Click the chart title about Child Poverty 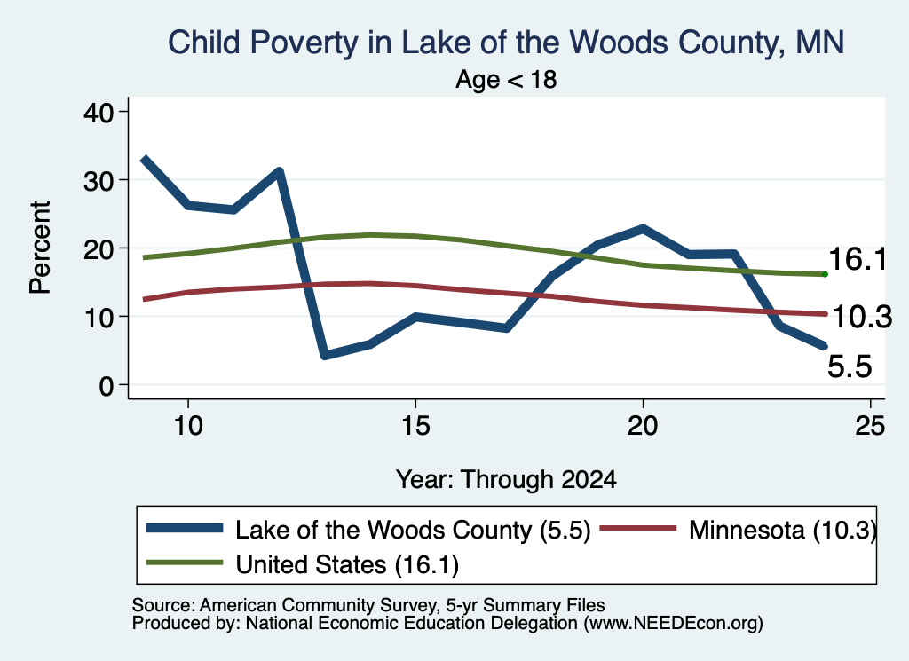tap(505, 43)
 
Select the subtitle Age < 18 tap(505, 79)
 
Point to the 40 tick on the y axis tap(98, 112)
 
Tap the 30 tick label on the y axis tap(98, 180)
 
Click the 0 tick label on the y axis tap(107, 385)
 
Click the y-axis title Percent tap(41, 248)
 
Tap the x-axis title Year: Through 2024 tap(506, 480)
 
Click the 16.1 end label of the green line tap(858, 258)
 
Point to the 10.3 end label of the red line tap(862, 317)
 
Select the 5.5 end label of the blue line tap(850, 366)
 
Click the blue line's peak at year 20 tap(643, 229)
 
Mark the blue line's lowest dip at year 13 tap(325, 355)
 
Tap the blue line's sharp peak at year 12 tap(280, 172)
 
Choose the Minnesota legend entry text tap(783, 530)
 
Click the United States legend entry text tap(347, 564)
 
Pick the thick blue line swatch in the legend tap(185, 528)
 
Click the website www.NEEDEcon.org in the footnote tap(673, 624)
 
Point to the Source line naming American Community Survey tap(368, 605)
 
